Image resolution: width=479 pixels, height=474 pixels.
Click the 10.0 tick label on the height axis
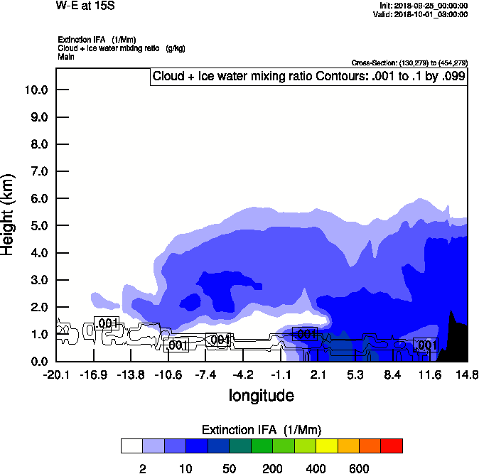36,90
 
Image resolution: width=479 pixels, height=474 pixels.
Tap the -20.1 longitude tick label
55,375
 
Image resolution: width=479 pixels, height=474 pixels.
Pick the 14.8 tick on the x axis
467,375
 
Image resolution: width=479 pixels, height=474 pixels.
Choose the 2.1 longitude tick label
318,375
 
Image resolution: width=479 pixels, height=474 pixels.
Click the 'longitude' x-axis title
261,395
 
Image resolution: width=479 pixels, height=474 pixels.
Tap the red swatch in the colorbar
391,446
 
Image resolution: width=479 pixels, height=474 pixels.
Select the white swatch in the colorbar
131,446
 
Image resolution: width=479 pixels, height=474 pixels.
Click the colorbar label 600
359,468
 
